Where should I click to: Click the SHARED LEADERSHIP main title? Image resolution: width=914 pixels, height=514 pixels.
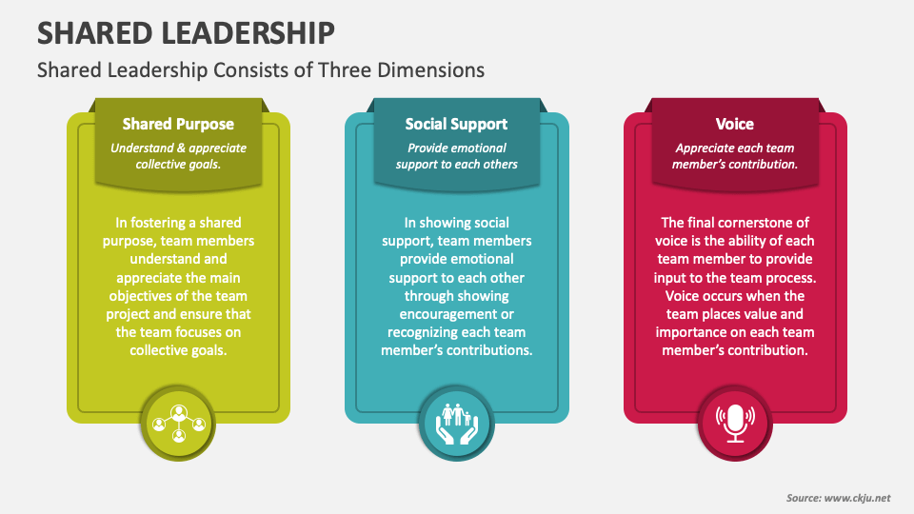(186, 33)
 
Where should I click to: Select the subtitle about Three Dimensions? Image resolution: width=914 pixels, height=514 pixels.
(260, 70)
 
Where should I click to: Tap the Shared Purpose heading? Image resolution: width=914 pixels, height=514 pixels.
(178, 124)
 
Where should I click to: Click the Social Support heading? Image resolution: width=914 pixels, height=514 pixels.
(456, 124)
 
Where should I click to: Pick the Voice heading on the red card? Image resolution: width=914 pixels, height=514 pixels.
(734, 124)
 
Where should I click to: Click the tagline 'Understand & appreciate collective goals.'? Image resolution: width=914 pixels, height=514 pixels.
(178, 155)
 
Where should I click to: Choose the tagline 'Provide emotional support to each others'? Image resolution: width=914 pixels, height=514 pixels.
(456, 155)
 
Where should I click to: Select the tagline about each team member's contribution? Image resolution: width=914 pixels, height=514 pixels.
(734, 155)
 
